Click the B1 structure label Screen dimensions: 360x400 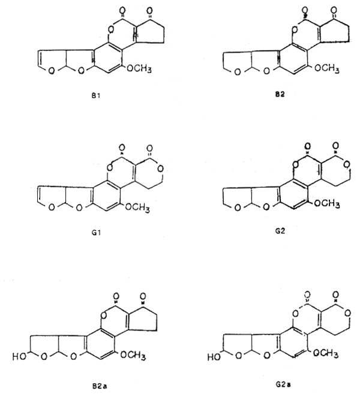pos(96,96)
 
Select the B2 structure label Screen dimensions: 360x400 pos(280,94)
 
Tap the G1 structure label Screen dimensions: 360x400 pos(96,233)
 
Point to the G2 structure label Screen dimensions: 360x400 pos(280,231)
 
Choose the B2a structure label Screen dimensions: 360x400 pos(100,386)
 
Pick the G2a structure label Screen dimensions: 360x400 pos(283,384)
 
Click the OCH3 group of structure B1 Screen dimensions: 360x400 pos(139,68)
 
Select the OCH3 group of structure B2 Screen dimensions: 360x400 pos(327,68)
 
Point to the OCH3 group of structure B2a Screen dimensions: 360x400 pos(133,355)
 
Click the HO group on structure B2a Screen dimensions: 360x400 pos(19,357)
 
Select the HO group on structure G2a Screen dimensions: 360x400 pos(214,357)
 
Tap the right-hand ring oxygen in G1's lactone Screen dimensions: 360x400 pos(161,169)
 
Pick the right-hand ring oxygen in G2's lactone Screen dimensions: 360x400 pos(346,165)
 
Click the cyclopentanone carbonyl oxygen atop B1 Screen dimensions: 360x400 pos(149,11)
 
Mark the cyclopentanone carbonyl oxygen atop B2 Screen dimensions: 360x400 pos(334,10)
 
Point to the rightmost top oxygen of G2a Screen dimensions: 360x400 pos(336,294)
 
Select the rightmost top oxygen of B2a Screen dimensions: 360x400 pos(143,296)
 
